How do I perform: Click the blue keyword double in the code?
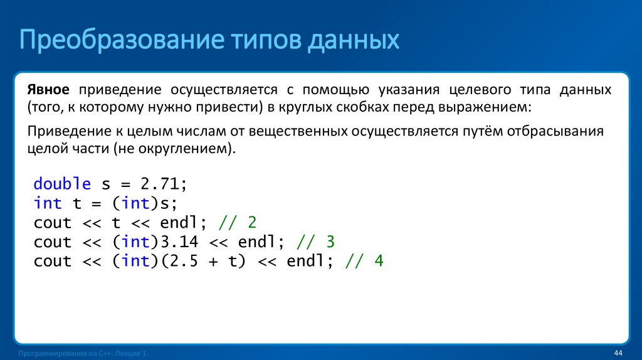click(62, 184)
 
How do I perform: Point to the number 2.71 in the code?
click(159, 184)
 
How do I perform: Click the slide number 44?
click(618, 354)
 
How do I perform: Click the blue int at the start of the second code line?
click(48, 203)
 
